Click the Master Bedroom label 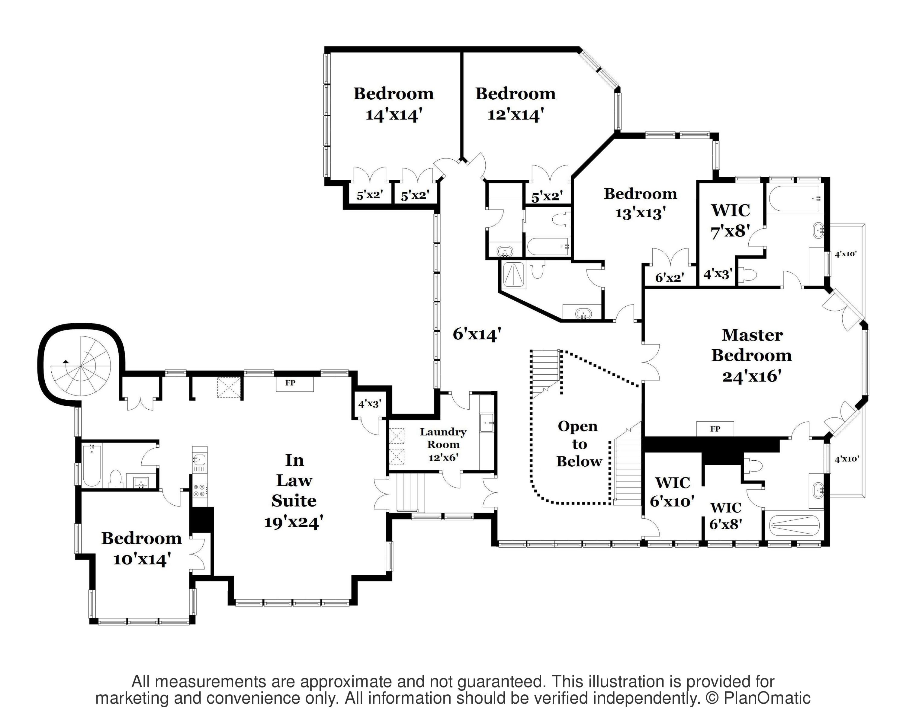click(751, 345)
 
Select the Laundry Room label click(443, 438)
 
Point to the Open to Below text click(579, 444)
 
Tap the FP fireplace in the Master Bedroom click(715, 429)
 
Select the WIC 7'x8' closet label click(731, 220)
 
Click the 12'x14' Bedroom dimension click(516, 114)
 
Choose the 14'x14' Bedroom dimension click(392, 114)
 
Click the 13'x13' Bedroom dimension click(640, 213)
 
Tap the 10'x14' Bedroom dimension click(142, 559)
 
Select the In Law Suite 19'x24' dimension click(294, 522)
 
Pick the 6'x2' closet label click(670, 277)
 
